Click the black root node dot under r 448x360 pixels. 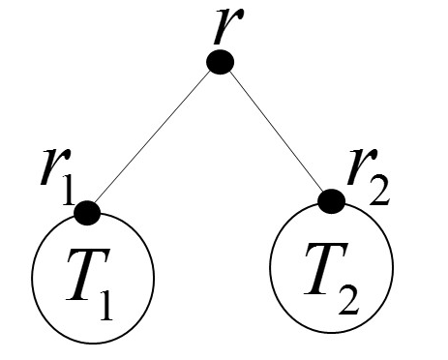221,63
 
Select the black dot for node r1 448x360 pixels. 87,212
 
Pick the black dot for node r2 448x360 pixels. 332,201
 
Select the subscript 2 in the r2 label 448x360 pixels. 380,188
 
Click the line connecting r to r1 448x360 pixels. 154,137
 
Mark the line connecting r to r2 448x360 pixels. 277,133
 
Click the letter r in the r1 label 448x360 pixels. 50,168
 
